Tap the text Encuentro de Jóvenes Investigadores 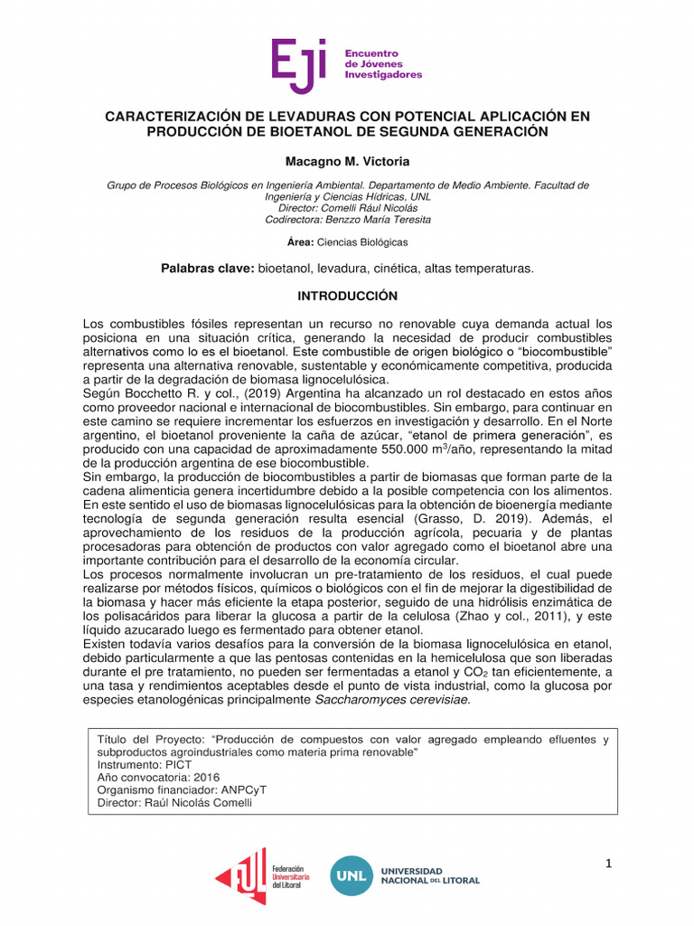[383, 64]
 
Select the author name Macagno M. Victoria [347, 161]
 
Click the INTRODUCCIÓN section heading [347, 296]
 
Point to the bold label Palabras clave [207, 269]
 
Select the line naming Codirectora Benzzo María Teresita [347, 219]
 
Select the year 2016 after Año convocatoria [207, 777]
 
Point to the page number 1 [609, 864]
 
